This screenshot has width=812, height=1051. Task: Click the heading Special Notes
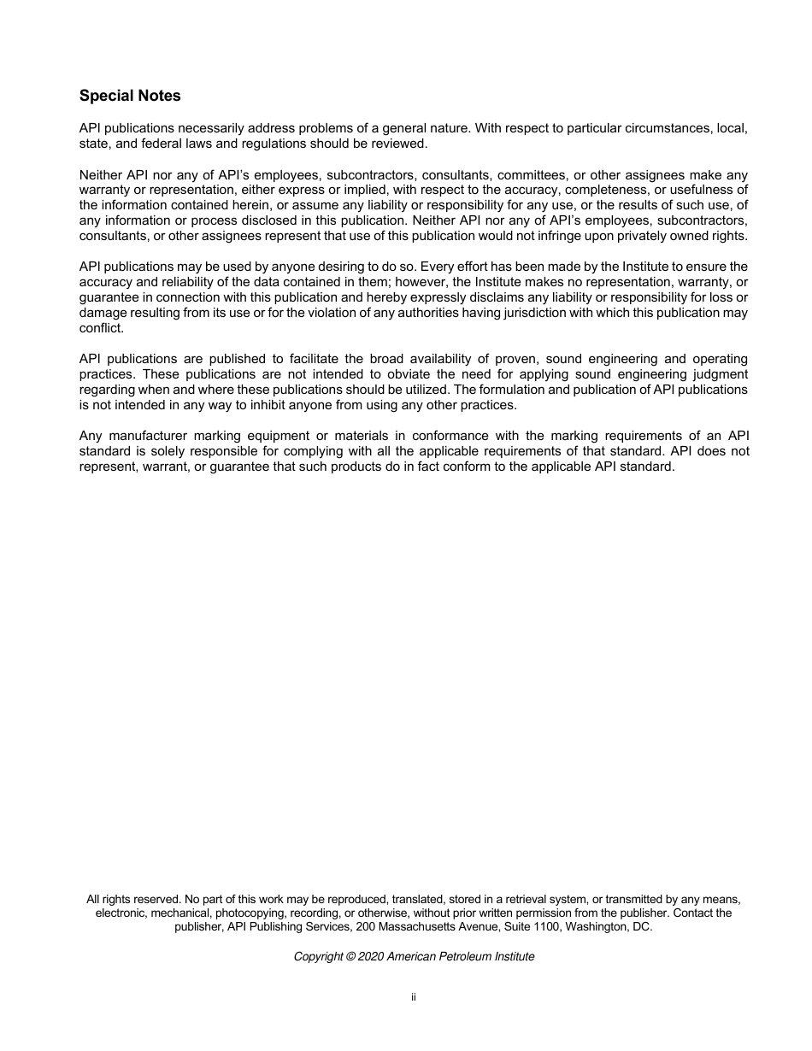pyautogui.click(x=130, y=96)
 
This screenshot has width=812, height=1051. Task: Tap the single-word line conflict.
pyautogui.click(x=101, y=328)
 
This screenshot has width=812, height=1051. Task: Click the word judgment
pyautogui.click(x=716, y=374)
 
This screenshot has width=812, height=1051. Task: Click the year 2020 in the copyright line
pyautogui.click(x=371, y=957)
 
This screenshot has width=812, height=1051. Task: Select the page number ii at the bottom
pyautogui.click(x=413, y=997)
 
